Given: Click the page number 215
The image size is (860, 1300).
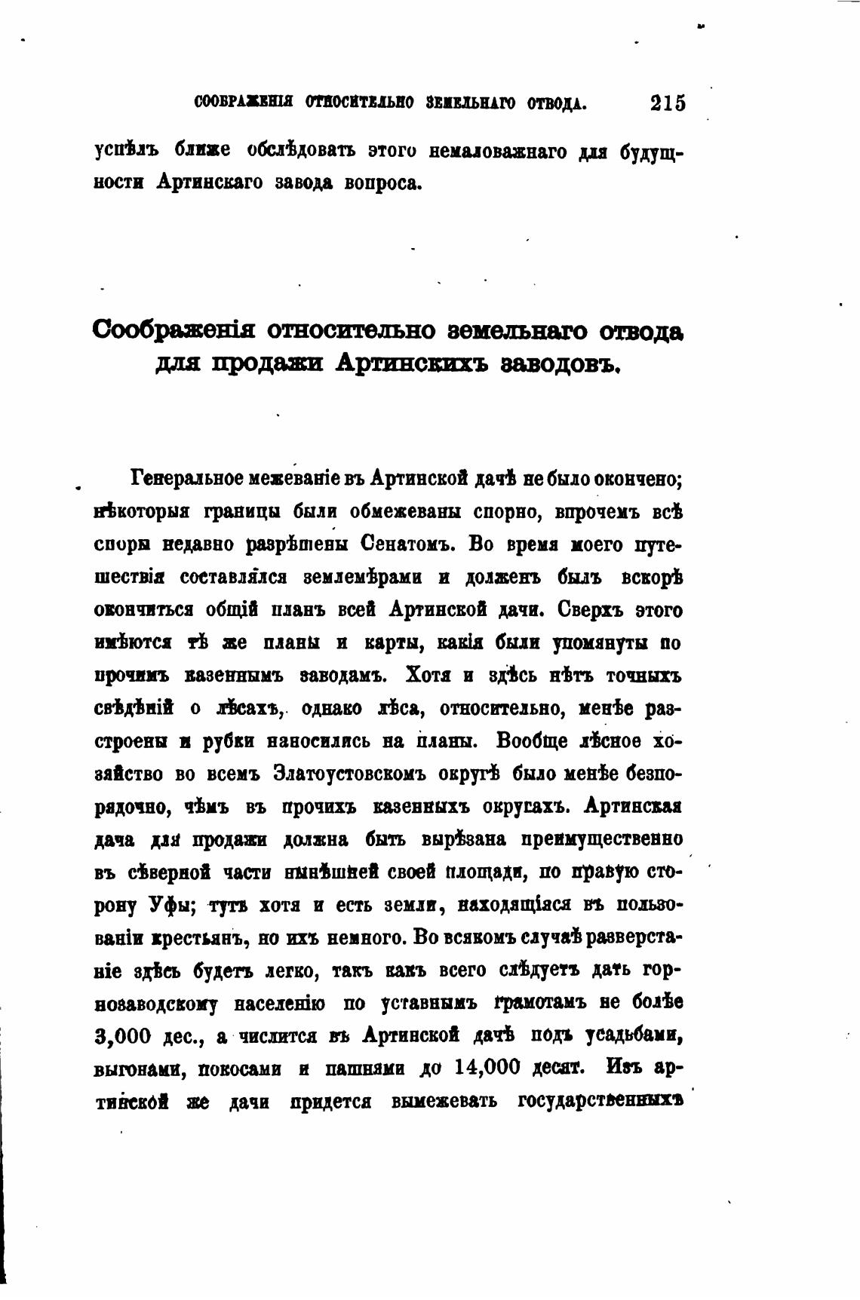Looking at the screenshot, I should [668, 103].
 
